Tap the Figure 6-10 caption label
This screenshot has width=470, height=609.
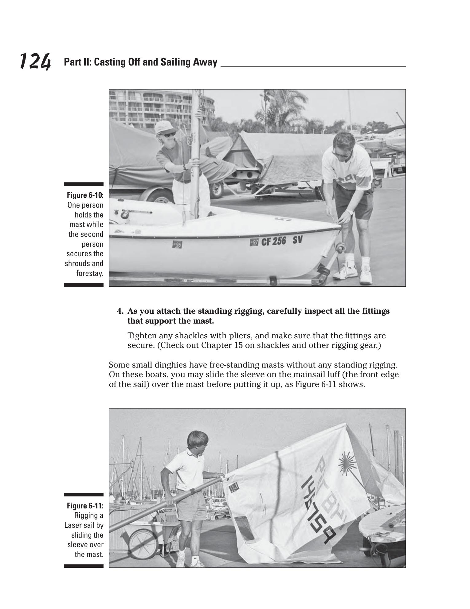(x=85, y=195)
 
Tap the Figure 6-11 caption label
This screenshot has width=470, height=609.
(x=85, y=506)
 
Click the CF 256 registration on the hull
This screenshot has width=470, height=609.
(x=273, y=241)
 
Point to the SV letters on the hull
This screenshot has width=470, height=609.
(x=297, y=240)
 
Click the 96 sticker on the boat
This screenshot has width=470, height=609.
(x=177, y=245)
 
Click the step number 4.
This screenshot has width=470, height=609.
(x=120, y=311)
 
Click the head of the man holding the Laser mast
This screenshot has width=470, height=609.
(x=197, y=440)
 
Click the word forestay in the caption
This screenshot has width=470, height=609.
(x=89, y=273)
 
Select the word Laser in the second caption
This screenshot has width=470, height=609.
(x=73, y=525)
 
